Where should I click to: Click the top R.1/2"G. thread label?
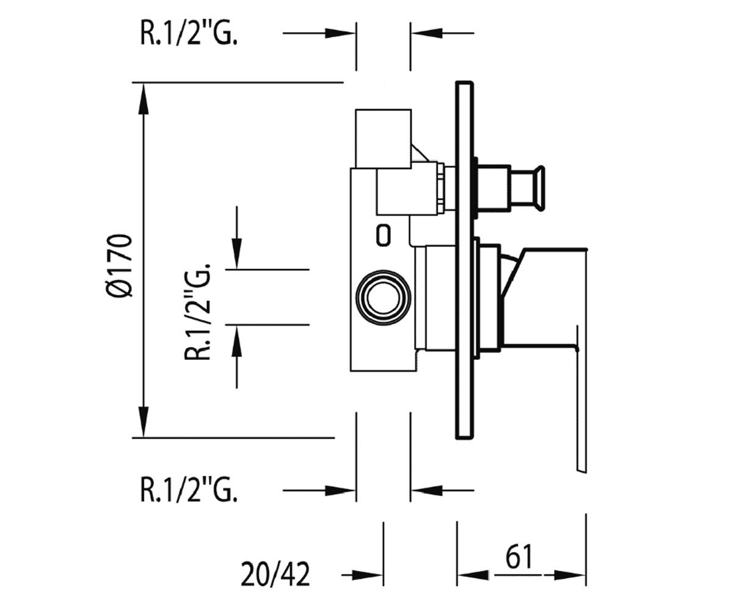point(189,34)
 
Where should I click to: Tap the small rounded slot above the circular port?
point(383,235)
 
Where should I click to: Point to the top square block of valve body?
point(383,138)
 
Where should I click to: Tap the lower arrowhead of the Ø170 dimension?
point(143,422)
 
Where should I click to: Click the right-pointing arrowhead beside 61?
point(569,575)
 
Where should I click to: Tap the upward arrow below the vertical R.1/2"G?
point(236,341)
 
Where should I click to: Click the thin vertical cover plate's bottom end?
point(464,437)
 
